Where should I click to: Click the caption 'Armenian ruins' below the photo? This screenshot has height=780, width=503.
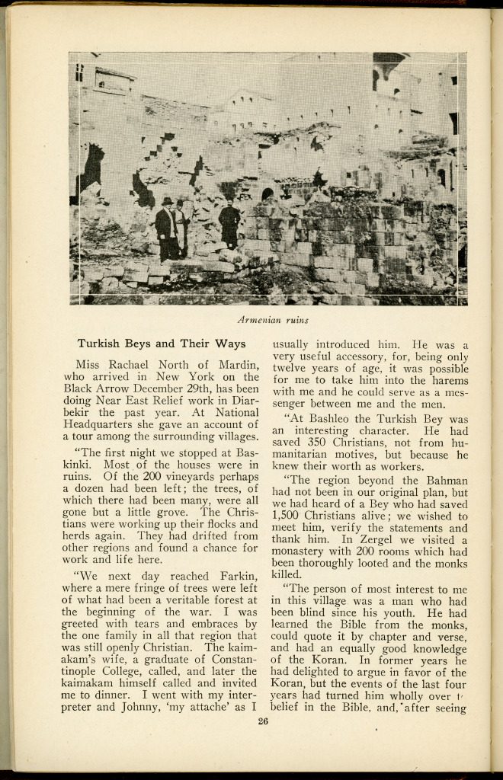click(272, 319)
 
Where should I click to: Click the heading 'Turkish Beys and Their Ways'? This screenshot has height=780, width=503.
click(161, 344)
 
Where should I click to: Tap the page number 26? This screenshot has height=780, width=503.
click(264, 721)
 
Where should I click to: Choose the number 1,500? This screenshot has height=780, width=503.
click(290, 516)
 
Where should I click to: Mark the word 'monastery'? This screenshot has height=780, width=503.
click(302, 552)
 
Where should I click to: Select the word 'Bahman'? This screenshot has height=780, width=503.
click(446, 480)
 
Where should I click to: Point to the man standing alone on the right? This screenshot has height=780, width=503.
click(229, 222)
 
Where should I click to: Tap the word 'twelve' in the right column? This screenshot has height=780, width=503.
click(290, 368)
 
